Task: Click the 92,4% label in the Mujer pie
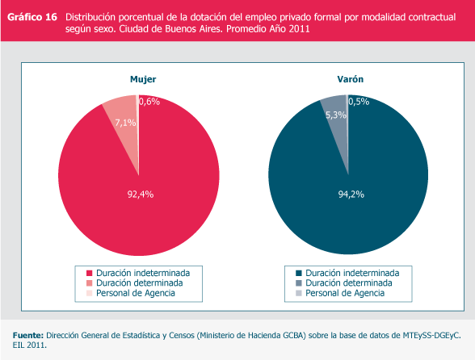pos(141,194)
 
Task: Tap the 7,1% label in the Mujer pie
pos(125,123)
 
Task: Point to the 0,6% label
pos(149,102)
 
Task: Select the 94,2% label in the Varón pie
pos(351,194)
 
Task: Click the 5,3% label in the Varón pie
pos(336,115)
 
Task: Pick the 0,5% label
pos(359,102)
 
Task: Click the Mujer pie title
pos(143,79)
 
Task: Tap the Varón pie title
pos(351,79)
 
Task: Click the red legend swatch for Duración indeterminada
pos(89,273)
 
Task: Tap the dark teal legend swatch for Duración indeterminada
pos(299,273)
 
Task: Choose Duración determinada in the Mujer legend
pos(139,283)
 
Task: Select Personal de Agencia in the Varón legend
pos(345,293)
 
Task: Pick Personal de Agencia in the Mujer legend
pos(136,293)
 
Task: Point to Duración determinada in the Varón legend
pos(349,283)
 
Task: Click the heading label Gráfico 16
pos(32,17)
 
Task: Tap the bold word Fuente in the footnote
pos(28,336)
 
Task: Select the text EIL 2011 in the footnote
pos(30,345)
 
